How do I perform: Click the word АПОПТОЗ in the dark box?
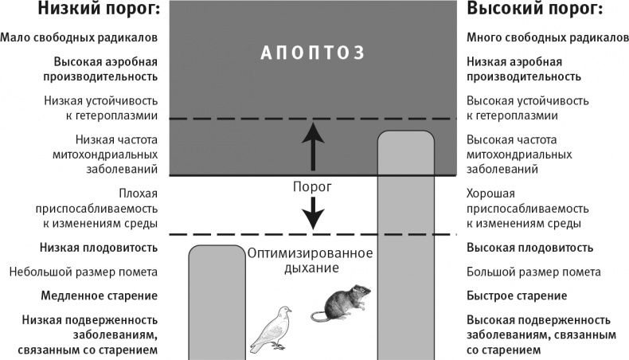click(314, 53)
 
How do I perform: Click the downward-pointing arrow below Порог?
click(314, 210)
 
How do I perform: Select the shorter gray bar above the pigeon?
click(217, 303)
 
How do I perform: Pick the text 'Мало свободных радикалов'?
click(79, 37)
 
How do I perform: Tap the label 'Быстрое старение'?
click(516, 295)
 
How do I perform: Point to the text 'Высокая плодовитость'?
click(529, 248)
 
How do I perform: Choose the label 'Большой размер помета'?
click(533, 272)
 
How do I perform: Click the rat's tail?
click(318, 317)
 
